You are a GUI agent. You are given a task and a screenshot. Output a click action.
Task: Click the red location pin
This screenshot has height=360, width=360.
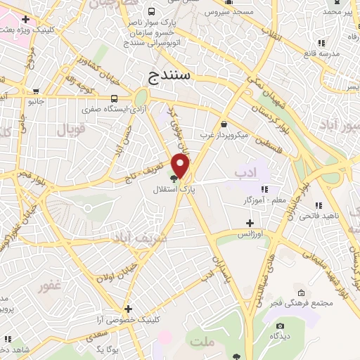point(181,165)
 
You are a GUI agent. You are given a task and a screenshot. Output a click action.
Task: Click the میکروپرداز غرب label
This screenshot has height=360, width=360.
point(224,134)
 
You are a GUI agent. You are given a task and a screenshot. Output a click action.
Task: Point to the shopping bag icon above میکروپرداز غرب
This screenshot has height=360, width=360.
point(224,123)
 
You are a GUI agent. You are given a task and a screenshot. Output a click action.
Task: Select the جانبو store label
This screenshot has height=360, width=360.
point(36,101)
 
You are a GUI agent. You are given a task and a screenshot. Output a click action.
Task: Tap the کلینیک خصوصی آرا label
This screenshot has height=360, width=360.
point(128,319)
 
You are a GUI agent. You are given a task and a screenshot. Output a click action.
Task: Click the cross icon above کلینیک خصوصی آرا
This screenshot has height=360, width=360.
point(128,308)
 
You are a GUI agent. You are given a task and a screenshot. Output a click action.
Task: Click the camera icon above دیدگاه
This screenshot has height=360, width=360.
point(281,326)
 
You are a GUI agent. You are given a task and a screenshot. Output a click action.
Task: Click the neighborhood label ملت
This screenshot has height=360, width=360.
point(201,341)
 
